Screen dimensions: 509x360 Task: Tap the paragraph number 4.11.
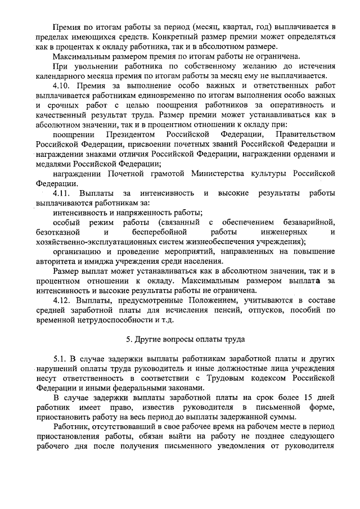coord(64,193)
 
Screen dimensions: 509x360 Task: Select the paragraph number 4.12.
coord(64,300)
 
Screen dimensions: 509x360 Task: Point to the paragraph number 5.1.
coord(61,358)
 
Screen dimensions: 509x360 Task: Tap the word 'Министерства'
coord(221,173)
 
